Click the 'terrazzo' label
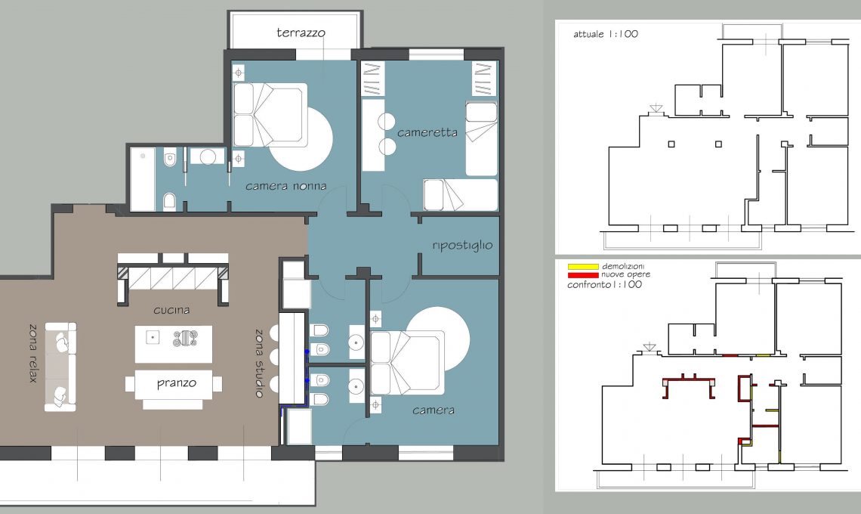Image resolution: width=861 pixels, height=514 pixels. point(301,33)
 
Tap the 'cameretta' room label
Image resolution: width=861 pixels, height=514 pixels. point(427,132)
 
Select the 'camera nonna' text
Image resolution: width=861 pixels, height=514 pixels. point(285,187)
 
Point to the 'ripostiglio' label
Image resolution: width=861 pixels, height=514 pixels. point(462,245)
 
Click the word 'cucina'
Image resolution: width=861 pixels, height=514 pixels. point(171,310)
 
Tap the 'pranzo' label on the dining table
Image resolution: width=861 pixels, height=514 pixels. point(176,383)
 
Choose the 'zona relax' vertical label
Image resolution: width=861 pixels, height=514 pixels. point(33,353)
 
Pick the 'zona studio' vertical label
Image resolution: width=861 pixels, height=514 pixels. point(259,363)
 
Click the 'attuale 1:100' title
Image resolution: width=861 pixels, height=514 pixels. point(606,34)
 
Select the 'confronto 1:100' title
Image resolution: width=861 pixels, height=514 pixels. point(604,285)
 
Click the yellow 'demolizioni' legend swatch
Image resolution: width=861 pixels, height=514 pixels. point(582,267)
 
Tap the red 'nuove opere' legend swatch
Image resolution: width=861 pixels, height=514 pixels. point(582,275)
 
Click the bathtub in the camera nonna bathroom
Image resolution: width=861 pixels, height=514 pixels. point(143,179)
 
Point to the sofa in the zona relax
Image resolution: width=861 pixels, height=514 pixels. point(60,367)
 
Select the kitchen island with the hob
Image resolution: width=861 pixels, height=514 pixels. point(174,344)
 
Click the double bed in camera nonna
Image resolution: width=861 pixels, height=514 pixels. point(270,115)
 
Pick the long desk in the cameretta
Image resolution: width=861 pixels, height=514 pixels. point(373,135)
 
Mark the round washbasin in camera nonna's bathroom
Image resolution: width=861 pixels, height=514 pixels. point(208,156)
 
